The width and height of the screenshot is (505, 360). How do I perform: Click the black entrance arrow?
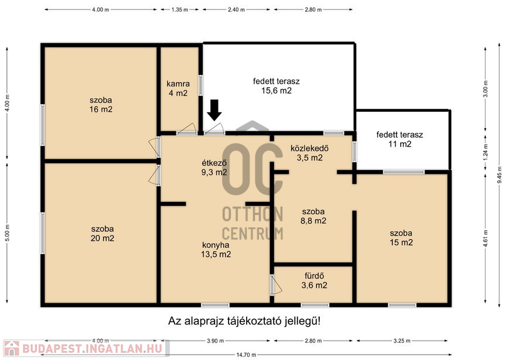point(214,110)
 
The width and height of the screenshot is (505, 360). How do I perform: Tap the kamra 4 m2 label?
point(178,88)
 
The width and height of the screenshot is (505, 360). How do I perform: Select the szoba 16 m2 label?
point(101,105)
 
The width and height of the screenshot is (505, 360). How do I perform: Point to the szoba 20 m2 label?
point(103,234)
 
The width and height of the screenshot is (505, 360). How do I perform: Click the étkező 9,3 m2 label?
point(214,167)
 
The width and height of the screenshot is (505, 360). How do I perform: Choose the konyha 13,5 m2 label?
point(216,249)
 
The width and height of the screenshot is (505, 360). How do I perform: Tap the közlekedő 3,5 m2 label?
point(309,153)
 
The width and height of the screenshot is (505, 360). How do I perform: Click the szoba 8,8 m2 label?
point(313,216)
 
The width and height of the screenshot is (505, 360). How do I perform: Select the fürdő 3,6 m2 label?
point(315,280)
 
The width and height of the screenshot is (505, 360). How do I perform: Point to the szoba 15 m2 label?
point(401,238)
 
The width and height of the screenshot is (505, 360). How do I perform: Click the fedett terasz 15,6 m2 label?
point(277,86)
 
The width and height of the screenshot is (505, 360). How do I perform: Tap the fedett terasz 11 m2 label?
point(400,139)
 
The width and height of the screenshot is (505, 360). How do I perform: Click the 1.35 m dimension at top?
point(180,9)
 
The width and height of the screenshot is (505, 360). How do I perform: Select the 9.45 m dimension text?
point(500,174)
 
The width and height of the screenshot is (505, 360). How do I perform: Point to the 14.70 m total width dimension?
point(247,355)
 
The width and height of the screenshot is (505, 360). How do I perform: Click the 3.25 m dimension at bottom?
point(402,341)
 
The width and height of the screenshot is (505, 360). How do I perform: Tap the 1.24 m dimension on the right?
point(486,152)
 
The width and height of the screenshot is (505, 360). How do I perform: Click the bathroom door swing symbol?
point(276,284)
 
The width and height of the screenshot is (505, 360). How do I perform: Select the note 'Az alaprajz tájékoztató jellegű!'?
point(244,321)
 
